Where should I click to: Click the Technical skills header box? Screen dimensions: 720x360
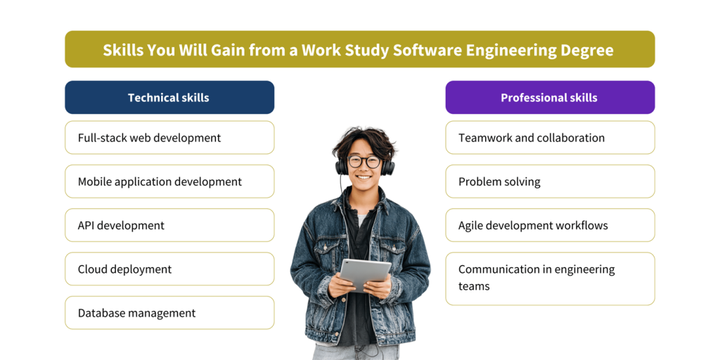tap(169, 97)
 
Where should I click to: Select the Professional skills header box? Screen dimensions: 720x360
tap(550, 97)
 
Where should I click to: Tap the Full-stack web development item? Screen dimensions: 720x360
tap(169, 138)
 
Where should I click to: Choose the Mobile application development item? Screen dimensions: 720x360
tap(169, 181)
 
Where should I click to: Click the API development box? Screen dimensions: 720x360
tap(169, 225)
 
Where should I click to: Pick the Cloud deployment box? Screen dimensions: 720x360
tap(169, 269)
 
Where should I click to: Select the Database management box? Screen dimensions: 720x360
tap(169, 313)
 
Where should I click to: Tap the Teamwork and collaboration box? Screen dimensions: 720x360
tap(550, 138)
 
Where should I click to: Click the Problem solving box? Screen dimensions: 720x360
tap(550, 181)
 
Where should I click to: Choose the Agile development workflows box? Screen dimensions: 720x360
tap(550, 225)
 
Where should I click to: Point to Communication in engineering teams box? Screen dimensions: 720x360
tap(550, 278)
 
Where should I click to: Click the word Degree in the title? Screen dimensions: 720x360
tap(591, 50)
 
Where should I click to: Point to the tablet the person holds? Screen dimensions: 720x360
tap(366, 275)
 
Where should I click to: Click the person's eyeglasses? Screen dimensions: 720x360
tap(364, 162)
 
